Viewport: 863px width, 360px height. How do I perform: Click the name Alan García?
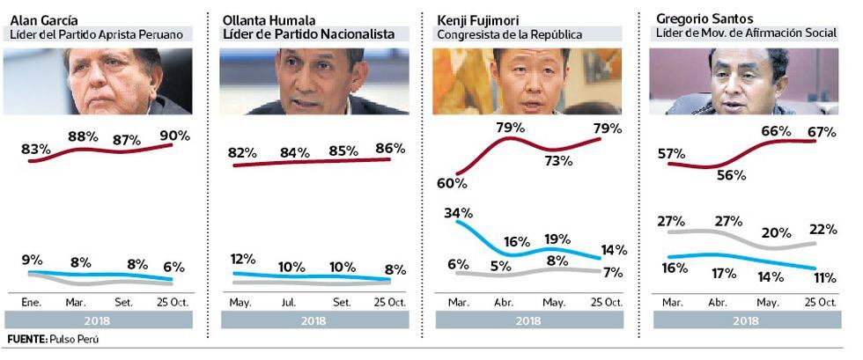42,19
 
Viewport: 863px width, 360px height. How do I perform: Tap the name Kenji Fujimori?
478,19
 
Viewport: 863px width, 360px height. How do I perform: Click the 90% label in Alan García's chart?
175,136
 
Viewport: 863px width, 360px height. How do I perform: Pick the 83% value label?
35,150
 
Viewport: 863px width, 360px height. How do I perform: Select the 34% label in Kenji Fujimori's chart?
459,213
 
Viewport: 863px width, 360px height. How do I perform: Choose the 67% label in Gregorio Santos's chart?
823,131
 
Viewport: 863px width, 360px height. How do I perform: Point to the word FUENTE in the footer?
26,339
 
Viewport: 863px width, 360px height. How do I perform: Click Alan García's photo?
98,82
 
